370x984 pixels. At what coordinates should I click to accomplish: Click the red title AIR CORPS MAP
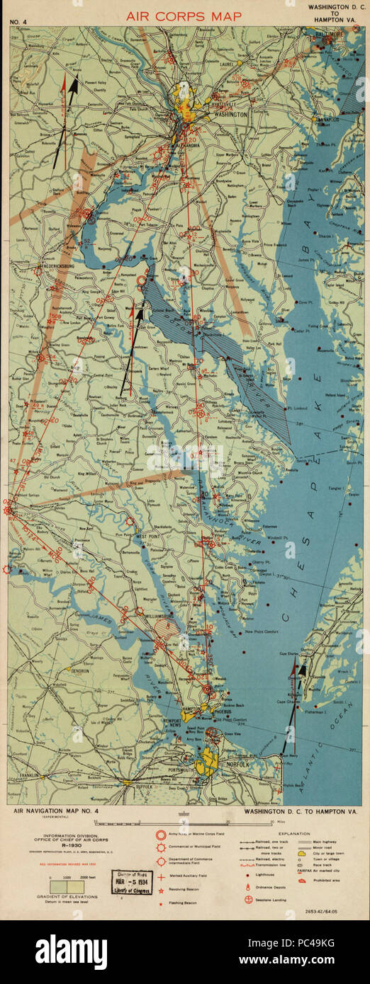click(x=184, y=15)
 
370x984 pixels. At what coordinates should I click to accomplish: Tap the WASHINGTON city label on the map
click(x=226, y=114)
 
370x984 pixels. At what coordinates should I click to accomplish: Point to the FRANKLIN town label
click(x=29, y=776)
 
